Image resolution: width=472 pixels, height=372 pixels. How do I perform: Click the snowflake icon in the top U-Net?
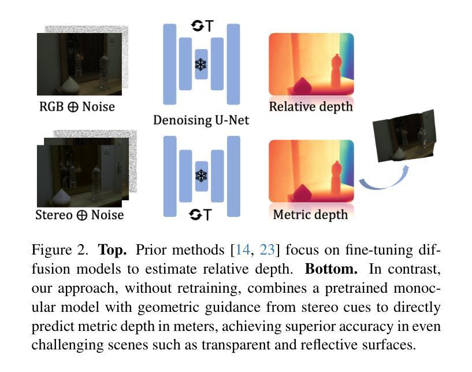[x=201, y=64]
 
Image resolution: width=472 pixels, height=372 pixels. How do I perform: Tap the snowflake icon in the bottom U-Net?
[x=201, y=176]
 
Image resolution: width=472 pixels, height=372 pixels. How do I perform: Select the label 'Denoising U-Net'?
[x=200, y=120]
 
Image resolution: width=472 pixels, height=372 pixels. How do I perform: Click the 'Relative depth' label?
[x=311, y=106]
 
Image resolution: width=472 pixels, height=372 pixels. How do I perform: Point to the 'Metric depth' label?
[x=310, y=214]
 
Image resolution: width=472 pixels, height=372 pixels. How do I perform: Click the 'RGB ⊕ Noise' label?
[x=77, y=106]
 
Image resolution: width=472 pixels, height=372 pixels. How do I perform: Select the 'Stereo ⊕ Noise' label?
[x=80, y=215]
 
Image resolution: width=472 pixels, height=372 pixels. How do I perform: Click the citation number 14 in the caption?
[x=243, y=251]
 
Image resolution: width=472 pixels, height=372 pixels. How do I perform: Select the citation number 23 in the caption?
[x=267, y=251]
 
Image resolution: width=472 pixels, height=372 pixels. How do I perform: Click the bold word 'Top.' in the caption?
[x=114, y=251]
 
